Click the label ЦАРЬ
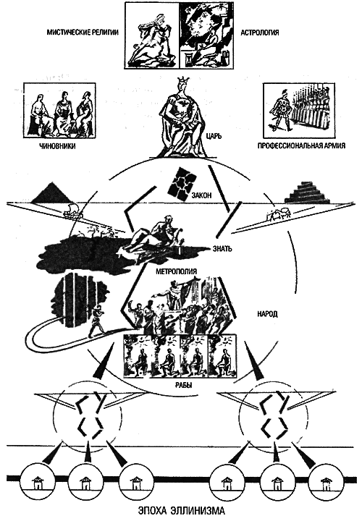(213, 136)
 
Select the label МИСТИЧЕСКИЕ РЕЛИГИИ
(83, 33)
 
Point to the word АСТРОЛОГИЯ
(260, 33)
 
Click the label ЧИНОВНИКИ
(56, 146)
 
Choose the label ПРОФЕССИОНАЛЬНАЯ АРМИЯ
(301, 145)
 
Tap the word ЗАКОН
(201, 195)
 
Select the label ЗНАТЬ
(222, 248)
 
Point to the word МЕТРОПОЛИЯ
(177, 271)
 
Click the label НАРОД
(267, 314)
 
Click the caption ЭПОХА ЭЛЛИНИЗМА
(181, 510)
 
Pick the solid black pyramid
(51, 193)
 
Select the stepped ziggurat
(308, 192)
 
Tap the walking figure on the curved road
(96, 321)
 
